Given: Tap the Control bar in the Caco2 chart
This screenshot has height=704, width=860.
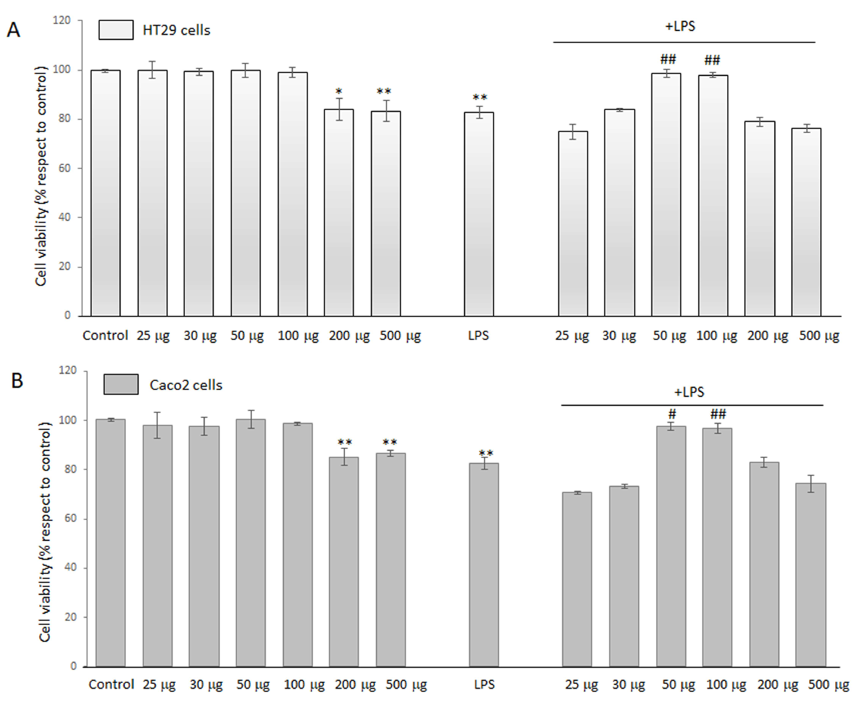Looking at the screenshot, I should coord(110,543).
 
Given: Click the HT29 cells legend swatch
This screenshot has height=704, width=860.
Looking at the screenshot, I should coord(116,30).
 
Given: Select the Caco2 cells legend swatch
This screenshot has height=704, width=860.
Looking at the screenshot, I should coord(121,384).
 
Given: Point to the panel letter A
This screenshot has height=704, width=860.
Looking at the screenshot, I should coord(13,30).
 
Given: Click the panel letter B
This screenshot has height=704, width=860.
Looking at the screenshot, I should coord(17,381).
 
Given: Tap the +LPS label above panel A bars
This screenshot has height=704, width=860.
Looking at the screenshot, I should coord(680,27).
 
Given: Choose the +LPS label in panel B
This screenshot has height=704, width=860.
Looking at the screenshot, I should coord(689,392).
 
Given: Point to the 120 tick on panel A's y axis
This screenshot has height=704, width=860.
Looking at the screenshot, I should coord(62,20).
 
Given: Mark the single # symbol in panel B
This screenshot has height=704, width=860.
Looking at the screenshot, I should coord(672,414).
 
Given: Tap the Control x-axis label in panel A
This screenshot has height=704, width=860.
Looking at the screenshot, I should coord(105,336).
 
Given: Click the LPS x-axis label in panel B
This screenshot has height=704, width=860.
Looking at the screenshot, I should coord(484,685).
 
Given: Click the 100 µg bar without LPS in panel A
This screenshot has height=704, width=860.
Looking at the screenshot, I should coord(292,194).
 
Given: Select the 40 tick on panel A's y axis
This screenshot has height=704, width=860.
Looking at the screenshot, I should coord(65,217).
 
